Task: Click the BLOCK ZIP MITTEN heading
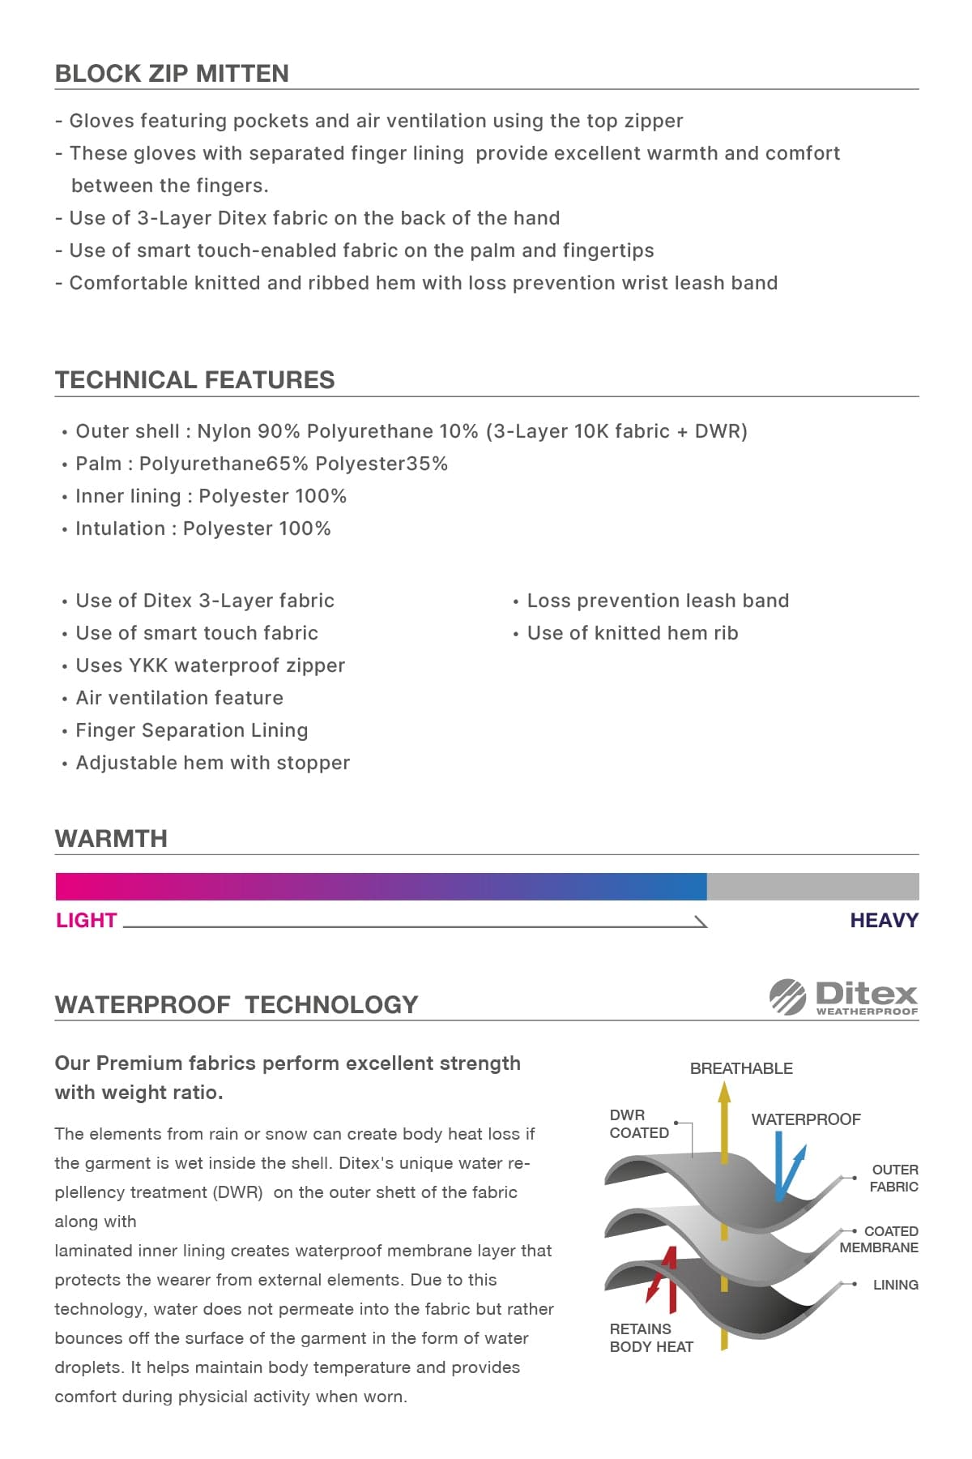click(x=172, y=74)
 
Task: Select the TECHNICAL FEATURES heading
click(x=194, y=380)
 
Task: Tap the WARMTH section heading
click(x=111, y=839)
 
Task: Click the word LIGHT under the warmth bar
click(x=87, y=921)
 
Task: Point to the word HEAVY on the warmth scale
click(x=884, y=921)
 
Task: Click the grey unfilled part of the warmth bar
click(x=812, y=887)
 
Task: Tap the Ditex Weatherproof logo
click(x=843, y=997)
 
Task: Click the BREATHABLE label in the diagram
click(x=741, y=1068)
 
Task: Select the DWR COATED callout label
click(x=639, y=1124)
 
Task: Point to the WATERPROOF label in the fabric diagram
click(x=806, y=1119)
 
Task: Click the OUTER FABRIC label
click(x=894, y=1179)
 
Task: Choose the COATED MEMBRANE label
click(x=880, y=1239)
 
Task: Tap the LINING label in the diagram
click(x=895, y=1285)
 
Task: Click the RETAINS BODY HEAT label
click(x=651, y=1337)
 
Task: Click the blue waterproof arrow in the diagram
click(x=784, y=1167)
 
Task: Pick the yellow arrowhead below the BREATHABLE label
click(x=724, y=1093)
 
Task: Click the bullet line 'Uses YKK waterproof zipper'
click(x=210, y=665)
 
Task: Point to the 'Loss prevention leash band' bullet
click(x=657, y=601)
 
